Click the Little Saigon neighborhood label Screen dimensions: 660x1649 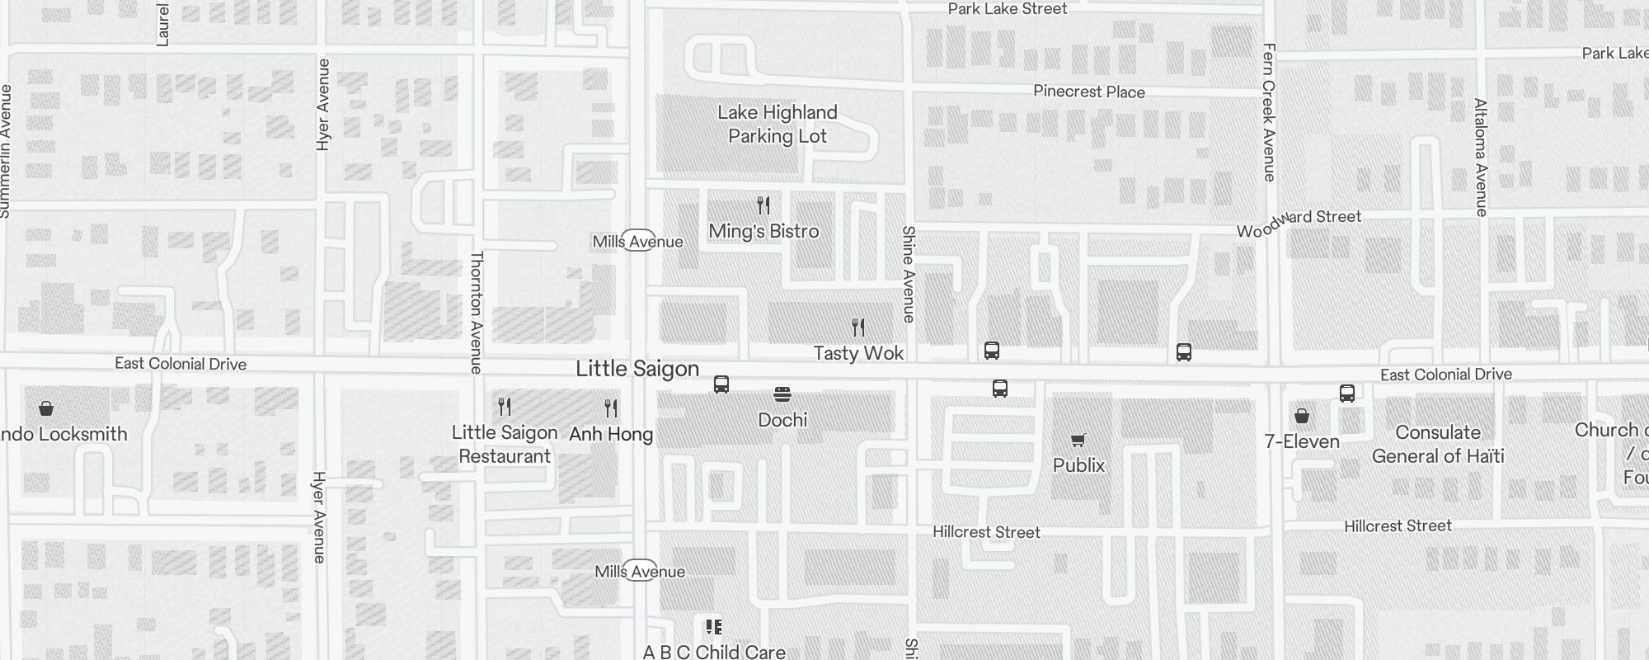coord(637,369)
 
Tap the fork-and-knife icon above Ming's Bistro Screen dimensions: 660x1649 coord(763,205)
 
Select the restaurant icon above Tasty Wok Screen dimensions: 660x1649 coord(858,328)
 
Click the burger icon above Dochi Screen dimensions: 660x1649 coord(782,394)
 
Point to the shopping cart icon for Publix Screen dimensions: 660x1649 coord(1078,440)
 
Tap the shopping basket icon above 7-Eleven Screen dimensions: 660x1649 coord(1302,415)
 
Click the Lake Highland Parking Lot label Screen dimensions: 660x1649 coord(777,125)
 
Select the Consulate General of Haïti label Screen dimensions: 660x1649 coord(1438,444)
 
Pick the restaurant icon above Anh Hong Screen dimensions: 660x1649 coord(611,408)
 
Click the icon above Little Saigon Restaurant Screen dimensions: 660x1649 coord(505,406)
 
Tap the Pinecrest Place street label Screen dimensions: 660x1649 coord(1089,92)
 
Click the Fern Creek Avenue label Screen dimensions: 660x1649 coord(1268,112)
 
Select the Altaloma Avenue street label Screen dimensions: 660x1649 coord(1481,157)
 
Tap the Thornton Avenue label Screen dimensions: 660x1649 coord(476,312)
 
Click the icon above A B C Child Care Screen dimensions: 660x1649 coord(714,627)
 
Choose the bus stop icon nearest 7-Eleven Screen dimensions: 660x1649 coord(1347,393)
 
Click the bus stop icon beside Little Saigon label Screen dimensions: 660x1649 coord(721,384)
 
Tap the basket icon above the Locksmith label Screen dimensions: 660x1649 coord(46,408)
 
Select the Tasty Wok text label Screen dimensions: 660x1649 coord(858,353)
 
